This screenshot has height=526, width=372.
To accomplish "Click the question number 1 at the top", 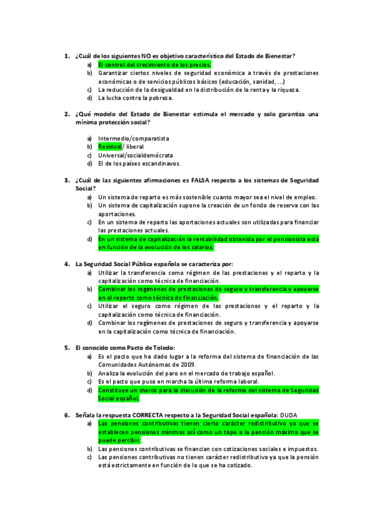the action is [x=66, y=56].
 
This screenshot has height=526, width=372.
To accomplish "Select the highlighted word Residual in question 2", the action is [x=110, y=147].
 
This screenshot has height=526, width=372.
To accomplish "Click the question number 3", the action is [x=66, y=181].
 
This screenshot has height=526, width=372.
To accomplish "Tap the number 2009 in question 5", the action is [x=188, y=365].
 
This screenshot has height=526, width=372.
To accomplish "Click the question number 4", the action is [x=66, y=264].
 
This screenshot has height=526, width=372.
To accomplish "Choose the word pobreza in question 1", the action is [x=160, y=97].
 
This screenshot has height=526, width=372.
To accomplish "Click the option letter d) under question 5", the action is [x=90, y=390].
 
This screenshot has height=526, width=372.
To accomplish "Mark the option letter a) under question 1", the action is [x=90, y=65].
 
